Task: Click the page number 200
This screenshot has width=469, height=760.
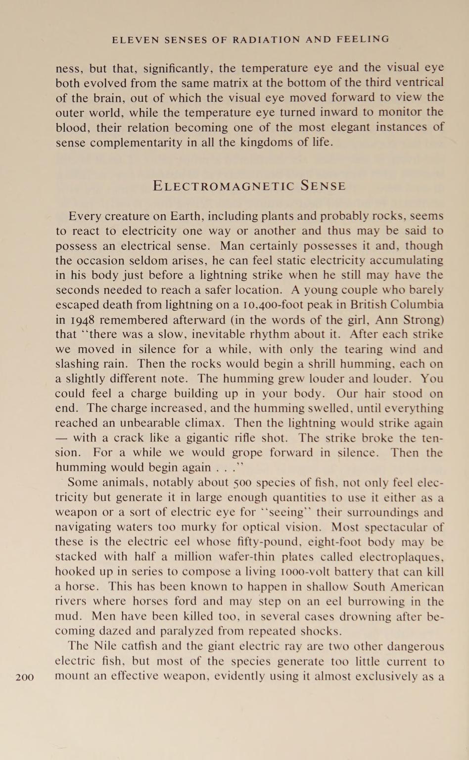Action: point(25,677)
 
